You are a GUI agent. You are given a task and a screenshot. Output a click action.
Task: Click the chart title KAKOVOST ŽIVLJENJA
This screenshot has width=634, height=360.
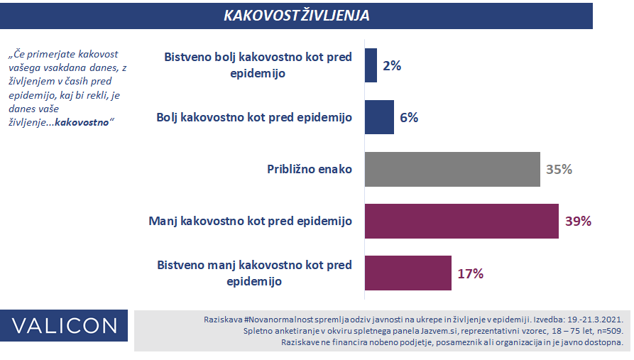296,16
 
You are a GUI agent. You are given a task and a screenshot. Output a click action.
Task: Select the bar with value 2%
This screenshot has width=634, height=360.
371,65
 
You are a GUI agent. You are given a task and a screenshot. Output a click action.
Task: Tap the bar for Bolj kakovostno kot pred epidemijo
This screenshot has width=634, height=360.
379,117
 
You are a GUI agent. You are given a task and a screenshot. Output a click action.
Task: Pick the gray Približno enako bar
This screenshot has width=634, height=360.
452,169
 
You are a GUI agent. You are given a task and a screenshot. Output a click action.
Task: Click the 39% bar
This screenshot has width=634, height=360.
461,222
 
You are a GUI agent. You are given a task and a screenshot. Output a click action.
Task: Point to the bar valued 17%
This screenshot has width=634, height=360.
408,273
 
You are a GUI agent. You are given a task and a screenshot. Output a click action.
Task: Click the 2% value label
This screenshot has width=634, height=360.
392,65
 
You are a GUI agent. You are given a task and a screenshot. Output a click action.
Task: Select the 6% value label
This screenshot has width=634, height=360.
409,117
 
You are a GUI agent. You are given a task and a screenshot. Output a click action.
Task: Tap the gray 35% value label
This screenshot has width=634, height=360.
559,169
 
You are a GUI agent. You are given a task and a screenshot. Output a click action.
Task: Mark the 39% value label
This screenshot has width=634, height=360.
578,222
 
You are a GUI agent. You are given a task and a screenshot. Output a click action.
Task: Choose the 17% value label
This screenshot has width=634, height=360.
471,273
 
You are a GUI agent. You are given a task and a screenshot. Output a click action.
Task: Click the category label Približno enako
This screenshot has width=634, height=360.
310,169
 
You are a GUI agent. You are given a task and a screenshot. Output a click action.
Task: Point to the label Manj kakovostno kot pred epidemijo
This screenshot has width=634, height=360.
251,222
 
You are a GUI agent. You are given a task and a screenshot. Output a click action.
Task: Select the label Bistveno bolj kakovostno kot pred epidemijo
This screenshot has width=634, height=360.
258,65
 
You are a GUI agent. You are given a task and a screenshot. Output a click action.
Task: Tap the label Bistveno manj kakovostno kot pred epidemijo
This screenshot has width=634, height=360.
254,273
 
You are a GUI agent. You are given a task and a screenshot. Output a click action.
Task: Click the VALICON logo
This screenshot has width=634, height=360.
64,326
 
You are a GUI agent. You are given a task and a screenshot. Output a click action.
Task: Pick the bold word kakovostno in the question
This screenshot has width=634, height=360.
82,123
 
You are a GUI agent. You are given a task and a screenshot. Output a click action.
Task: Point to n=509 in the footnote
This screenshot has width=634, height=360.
609,331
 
